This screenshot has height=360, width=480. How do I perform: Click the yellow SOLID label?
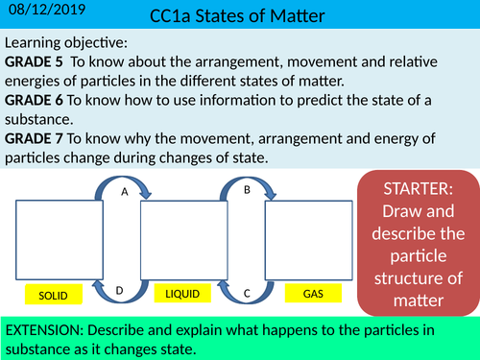point(47,293)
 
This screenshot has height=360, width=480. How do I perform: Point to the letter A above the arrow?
point(123,192)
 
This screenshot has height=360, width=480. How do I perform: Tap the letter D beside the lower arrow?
point(118,290)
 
